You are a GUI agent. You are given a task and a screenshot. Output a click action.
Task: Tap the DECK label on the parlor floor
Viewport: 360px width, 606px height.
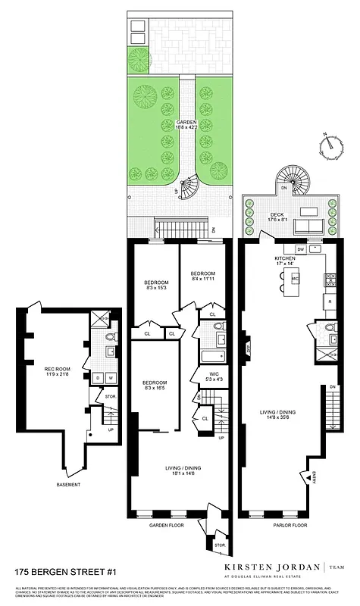277,214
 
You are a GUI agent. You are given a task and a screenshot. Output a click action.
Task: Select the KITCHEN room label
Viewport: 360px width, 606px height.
285,258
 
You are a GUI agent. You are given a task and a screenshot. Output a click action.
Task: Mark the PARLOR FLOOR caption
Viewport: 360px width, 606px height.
290,524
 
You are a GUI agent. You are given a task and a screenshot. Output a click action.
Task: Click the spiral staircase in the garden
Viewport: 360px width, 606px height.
190,185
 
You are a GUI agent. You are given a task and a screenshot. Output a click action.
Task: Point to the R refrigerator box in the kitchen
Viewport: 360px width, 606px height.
330,301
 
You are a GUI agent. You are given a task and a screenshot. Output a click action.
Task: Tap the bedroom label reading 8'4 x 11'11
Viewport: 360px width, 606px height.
203,277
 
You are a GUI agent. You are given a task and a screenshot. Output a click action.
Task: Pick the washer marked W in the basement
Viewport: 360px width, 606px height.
111,377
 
